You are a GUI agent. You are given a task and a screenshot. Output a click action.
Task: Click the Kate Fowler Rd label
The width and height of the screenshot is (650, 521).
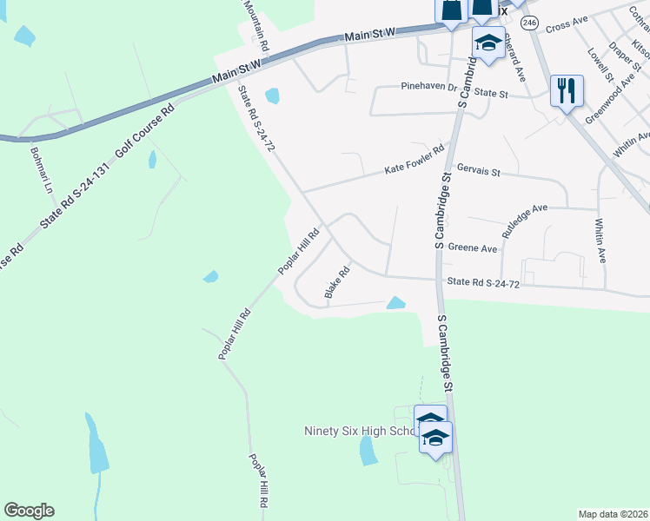(x=414, y=161)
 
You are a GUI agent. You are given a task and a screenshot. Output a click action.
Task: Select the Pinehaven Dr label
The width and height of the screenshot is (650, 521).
(x=428, y=87)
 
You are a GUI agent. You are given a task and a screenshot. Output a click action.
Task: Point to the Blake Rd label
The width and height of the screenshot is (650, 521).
(x=337, y=283)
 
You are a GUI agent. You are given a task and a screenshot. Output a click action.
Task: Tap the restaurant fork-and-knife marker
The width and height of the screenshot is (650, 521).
(x=567, y=90)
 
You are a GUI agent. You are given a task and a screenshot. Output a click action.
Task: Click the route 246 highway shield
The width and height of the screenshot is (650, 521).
(x=531, y=22)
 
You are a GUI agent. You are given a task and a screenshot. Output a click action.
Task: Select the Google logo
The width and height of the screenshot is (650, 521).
(x=29, y=511)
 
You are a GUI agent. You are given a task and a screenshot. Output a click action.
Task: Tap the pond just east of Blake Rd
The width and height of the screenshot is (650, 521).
(x=395, y=303)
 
